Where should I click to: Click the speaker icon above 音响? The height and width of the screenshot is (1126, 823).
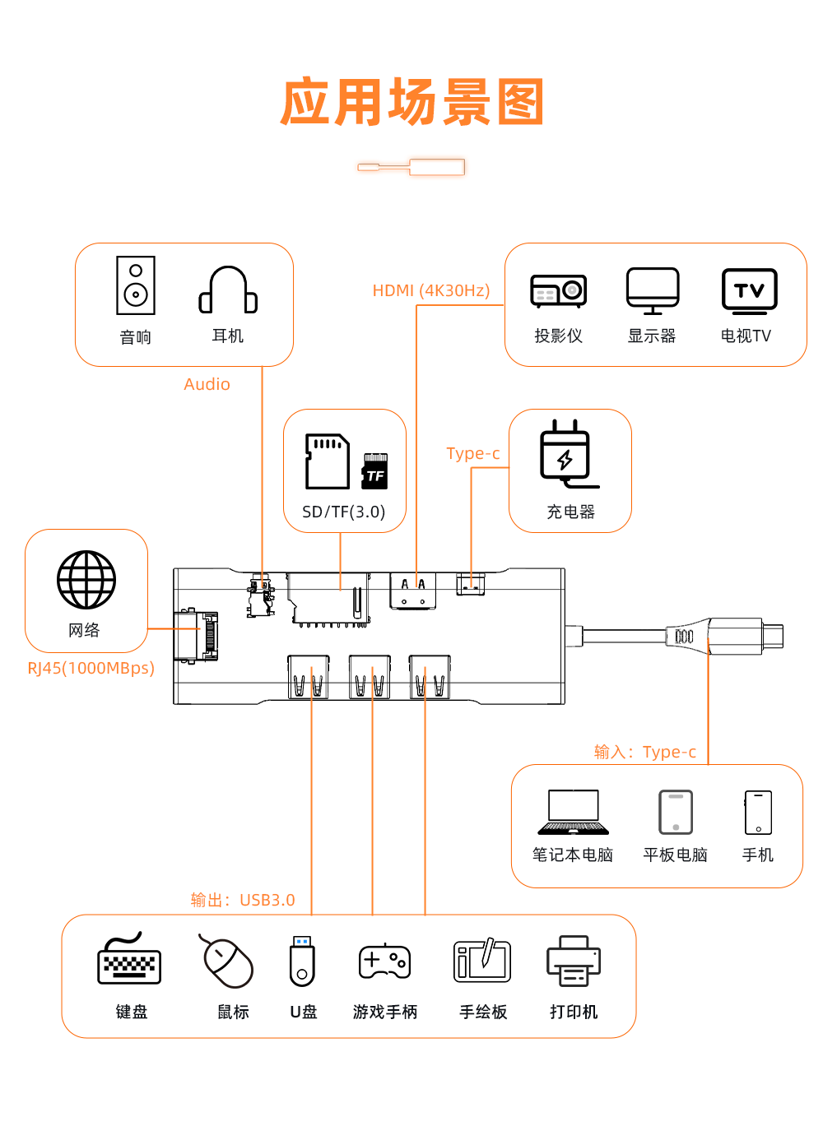tap(136, 285)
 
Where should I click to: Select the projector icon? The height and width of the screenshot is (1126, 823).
tap(558, 291)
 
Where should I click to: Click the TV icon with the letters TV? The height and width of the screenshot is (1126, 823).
tap(750, 291)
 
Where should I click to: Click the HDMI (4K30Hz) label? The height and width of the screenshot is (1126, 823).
tap(431, 290)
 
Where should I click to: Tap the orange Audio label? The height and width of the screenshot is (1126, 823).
tap(207, 384)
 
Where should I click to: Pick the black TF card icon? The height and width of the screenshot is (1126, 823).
tap(374, 471)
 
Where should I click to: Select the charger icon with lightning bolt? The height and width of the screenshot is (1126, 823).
tap(567, 454)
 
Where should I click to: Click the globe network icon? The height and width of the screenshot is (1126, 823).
tap(86, 580)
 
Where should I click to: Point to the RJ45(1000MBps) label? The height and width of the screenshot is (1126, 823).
tap(91, 668)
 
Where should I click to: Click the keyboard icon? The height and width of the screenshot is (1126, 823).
tap(129, 958)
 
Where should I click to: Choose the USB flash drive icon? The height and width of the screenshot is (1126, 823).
tap(302, 961)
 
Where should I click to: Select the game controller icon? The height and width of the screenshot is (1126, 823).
tap(385, 962)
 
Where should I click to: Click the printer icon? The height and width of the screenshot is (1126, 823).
tap(574, 961)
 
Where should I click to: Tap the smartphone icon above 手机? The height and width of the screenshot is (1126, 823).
tap(759, 813)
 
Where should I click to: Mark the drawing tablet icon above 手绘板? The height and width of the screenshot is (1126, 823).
tap(482, 960)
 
